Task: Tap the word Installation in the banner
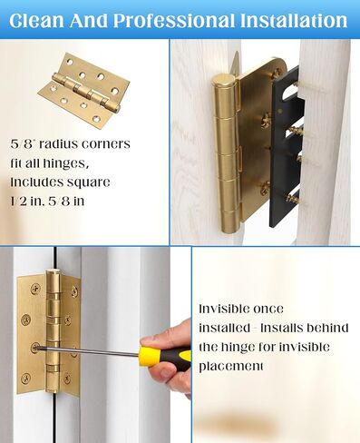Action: (290, 19)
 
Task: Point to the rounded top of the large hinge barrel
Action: (222, 83)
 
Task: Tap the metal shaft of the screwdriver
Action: (91, 349)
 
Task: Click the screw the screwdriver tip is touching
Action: (34, 346)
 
